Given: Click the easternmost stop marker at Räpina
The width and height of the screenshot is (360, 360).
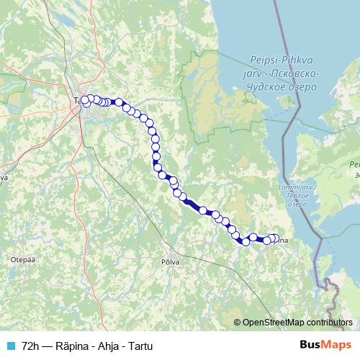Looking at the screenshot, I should coord(275,238).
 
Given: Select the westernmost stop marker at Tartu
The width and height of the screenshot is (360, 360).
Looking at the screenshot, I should coord(84,100).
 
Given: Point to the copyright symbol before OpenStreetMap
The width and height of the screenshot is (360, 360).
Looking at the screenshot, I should coord(238,323).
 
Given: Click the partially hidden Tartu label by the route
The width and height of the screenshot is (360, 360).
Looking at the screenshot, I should coord(76,101).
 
